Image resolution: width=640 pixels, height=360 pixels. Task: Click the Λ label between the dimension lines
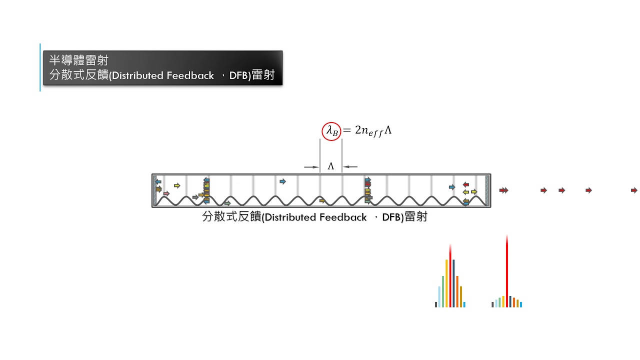point(330,166)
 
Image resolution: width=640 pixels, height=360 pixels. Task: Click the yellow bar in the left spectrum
point(446,283)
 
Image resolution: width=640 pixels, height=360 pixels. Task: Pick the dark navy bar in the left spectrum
point(453,283)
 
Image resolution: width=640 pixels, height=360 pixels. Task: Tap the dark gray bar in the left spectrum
point(436,304)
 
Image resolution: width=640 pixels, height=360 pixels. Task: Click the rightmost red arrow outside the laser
point(634,190)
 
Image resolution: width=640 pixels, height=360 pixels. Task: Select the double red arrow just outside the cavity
point(504,190)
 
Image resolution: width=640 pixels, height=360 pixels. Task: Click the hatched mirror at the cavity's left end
point(154,190)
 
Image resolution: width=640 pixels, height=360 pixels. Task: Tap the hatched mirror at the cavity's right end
point(487,190)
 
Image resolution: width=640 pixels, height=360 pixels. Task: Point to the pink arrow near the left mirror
point(166,193)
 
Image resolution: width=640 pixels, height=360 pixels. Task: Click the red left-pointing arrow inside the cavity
point(465,184)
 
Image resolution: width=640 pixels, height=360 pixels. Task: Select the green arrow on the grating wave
point(227,203)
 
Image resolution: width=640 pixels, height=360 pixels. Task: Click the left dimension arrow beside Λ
point(311,166)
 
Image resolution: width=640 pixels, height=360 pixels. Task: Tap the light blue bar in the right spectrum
point(496,303)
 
